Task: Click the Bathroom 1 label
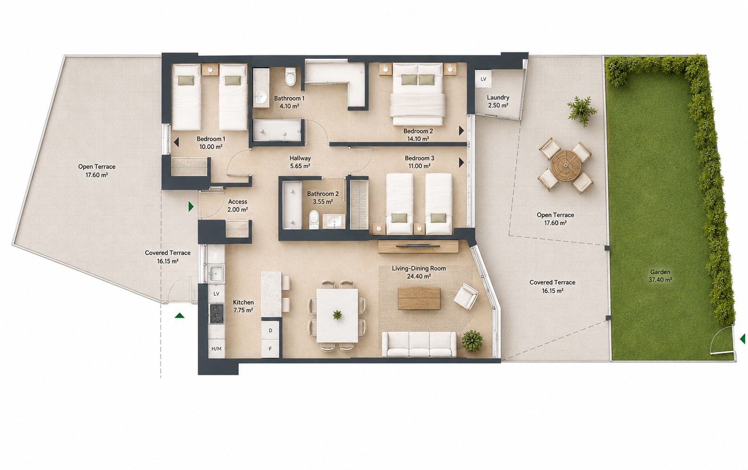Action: coord(289,102)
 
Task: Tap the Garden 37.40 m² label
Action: coord(660,276)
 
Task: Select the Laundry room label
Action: coord(498,101)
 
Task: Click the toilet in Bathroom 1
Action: coord(290,77)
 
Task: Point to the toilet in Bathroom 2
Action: coord(314,219)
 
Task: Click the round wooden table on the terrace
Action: coord(566,165)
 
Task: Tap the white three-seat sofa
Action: coord(419,344)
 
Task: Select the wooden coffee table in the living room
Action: coord(419,298)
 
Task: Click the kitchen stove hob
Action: coord(217,313)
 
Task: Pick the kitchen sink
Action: coord(216,273)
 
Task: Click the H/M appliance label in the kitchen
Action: coord(217,349)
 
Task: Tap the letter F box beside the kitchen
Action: coord(270,349)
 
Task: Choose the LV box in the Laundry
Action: coord(483,79)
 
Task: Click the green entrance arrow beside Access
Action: coord(191,207)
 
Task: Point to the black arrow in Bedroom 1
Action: coord(176,142)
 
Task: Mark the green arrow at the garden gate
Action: coord(742,339)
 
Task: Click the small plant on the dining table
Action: coord(337,314)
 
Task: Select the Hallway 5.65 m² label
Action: coord(300,162)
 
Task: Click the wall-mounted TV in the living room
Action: coord(418,246)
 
